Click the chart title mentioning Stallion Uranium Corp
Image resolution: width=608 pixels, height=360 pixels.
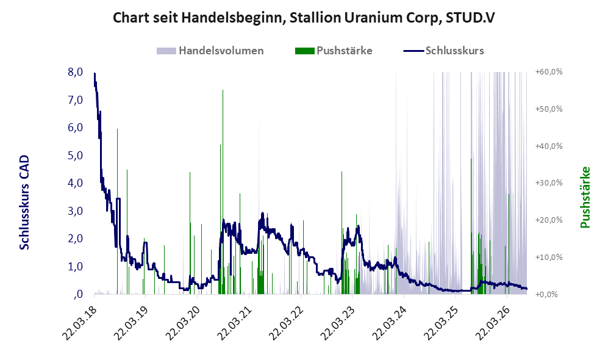304,18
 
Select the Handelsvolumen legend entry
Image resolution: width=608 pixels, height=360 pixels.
210,51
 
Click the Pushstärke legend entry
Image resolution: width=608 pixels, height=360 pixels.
334,51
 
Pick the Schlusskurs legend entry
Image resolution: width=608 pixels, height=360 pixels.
443,51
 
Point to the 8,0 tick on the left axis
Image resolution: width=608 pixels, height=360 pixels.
75,72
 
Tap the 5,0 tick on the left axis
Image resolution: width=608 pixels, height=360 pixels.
75,155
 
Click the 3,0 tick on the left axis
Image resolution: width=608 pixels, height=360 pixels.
75,211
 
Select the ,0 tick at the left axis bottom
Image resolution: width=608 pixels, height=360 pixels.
77,294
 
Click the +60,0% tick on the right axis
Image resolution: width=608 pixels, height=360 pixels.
549,72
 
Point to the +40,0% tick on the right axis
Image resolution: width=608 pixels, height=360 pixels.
549,146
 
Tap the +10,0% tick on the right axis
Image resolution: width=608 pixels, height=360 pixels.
549,257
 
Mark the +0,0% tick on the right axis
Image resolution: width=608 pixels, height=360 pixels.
547,294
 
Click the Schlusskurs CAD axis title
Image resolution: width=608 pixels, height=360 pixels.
24,203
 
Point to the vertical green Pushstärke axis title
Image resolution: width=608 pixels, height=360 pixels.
585,197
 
